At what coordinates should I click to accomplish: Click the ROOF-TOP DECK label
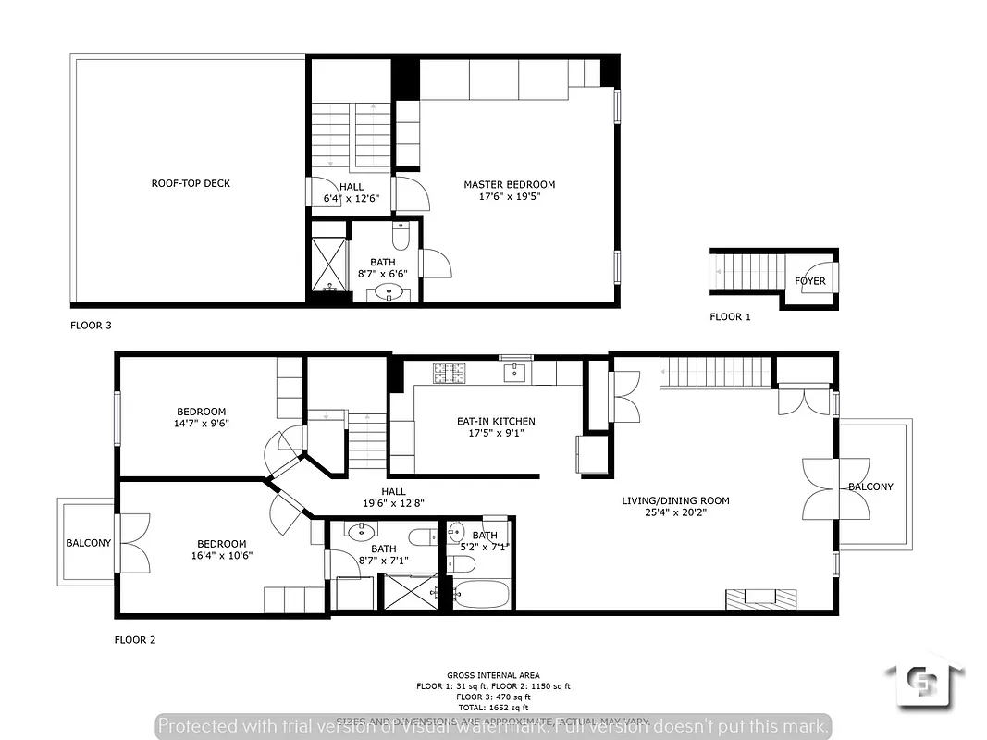click(191, 183)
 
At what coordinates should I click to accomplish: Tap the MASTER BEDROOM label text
click(509, 184)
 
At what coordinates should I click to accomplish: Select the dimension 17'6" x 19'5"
click(509, 197)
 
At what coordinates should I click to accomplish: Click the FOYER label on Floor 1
click(810, 281)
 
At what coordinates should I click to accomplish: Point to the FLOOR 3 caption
click(91, 326)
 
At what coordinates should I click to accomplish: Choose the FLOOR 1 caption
click(730, 317)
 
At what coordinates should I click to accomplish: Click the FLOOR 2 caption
click(134, 639)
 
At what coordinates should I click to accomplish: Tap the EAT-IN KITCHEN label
click(496, 421)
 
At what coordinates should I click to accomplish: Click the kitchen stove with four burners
click(450, 373)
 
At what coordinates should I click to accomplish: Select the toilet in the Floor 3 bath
click(401, 237)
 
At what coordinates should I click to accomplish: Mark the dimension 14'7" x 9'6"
click(202, 424)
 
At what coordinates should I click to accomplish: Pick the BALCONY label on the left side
click(88, 543)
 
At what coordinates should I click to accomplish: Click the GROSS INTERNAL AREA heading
click(493, 675)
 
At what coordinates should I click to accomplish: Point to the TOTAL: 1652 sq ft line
click(493, 706)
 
